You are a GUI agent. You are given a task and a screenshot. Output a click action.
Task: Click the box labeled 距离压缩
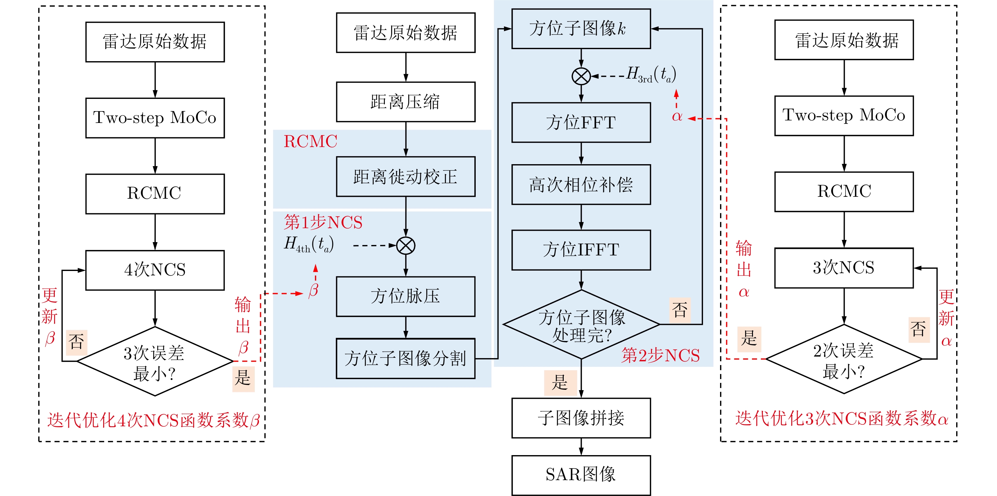click(x=406, y=102)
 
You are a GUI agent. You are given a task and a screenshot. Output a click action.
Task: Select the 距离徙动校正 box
click(x=406, y=177)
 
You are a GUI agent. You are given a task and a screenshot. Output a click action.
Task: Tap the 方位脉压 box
click(x=406, y=296)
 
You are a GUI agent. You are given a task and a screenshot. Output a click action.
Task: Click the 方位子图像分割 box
click(x=406, y=358)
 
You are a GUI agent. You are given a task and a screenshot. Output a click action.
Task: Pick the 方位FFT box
click(x=581, y=122)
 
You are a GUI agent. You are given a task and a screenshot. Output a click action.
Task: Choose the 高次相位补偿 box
click(x=581, y=184)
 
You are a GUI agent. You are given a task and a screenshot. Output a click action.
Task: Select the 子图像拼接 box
click(x=581, y=418)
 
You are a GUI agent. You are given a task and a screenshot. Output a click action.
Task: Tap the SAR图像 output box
click(x=581, y=475)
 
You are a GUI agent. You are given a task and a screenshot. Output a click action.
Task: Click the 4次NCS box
click(x=155, y=270)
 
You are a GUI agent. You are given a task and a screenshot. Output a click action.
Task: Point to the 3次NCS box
click(x=844, y=268)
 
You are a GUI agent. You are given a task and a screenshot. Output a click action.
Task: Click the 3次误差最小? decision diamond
click(x=155, y=362)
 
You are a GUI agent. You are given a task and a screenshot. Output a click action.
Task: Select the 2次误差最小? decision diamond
click(x=844, y=359)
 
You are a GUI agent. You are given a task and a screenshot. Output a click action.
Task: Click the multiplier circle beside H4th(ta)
click(x=406, y=245)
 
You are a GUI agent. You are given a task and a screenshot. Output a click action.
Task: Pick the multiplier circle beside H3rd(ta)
click(x=581, y=76)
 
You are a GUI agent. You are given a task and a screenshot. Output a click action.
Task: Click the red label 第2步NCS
click(x=660, y=355)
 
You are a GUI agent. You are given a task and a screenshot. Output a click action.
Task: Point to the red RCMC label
click(x=310, y=141)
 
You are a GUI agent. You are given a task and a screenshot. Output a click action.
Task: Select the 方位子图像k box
click(x=581, y=29)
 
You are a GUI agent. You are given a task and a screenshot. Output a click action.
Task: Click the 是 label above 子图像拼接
click(x=560, y=383)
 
